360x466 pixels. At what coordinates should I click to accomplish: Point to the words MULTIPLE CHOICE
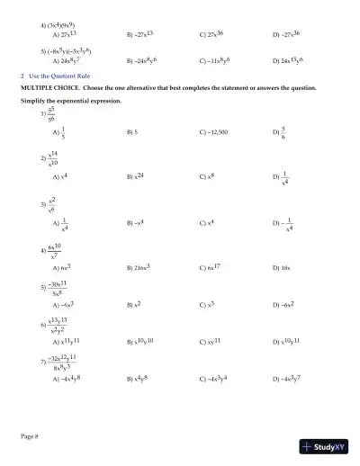tap(50, 90)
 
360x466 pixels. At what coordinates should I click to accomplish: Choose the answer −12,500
tap(215, 131)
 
